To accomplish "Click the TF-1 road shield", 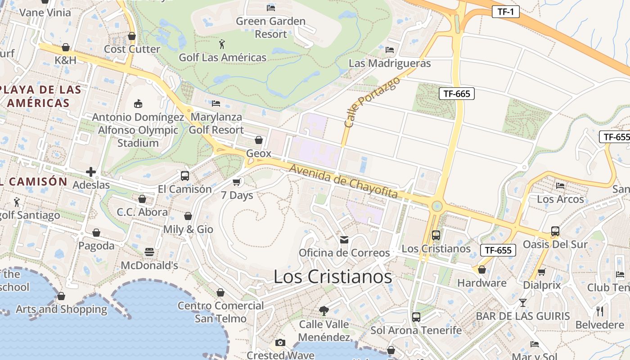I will point(505,12).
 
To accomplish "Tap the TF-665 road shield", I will point(457,94).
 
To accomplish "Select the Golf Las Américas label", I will point(222,58).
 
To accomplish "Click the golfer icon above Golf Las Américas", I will point(222,44).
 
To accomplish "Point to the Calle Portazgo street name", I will point(365,102).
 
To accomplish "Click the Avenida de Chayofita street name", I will point(344,181).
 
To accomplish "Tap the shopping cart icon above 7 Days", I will point(237,182).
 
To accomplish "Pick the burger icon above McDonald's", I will point(149,252).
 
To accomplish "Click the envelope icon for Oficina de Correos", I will point(344,239).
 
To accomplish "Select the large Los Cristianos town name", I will point(333,277).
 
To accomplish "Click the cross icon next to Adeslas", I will point(91,172).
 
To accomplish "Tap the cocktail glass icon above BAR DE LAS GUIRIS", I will point(523,302).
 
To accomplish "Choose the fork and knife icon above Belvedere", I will point(600,311).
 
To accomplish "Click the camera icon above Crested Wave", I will point(280,342).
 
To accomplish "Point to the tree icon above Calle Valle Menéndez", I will point(324,310).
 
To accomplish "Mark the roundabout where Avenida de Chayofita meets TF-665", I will point(436,207).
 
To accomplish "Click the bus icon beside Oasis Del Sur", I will point(555,231).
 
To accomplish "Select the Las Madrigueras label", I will point(390,63).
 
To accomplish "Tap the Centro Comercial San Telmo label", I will point(220,312).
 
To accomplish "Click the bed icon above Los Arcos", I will point(560,185).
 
